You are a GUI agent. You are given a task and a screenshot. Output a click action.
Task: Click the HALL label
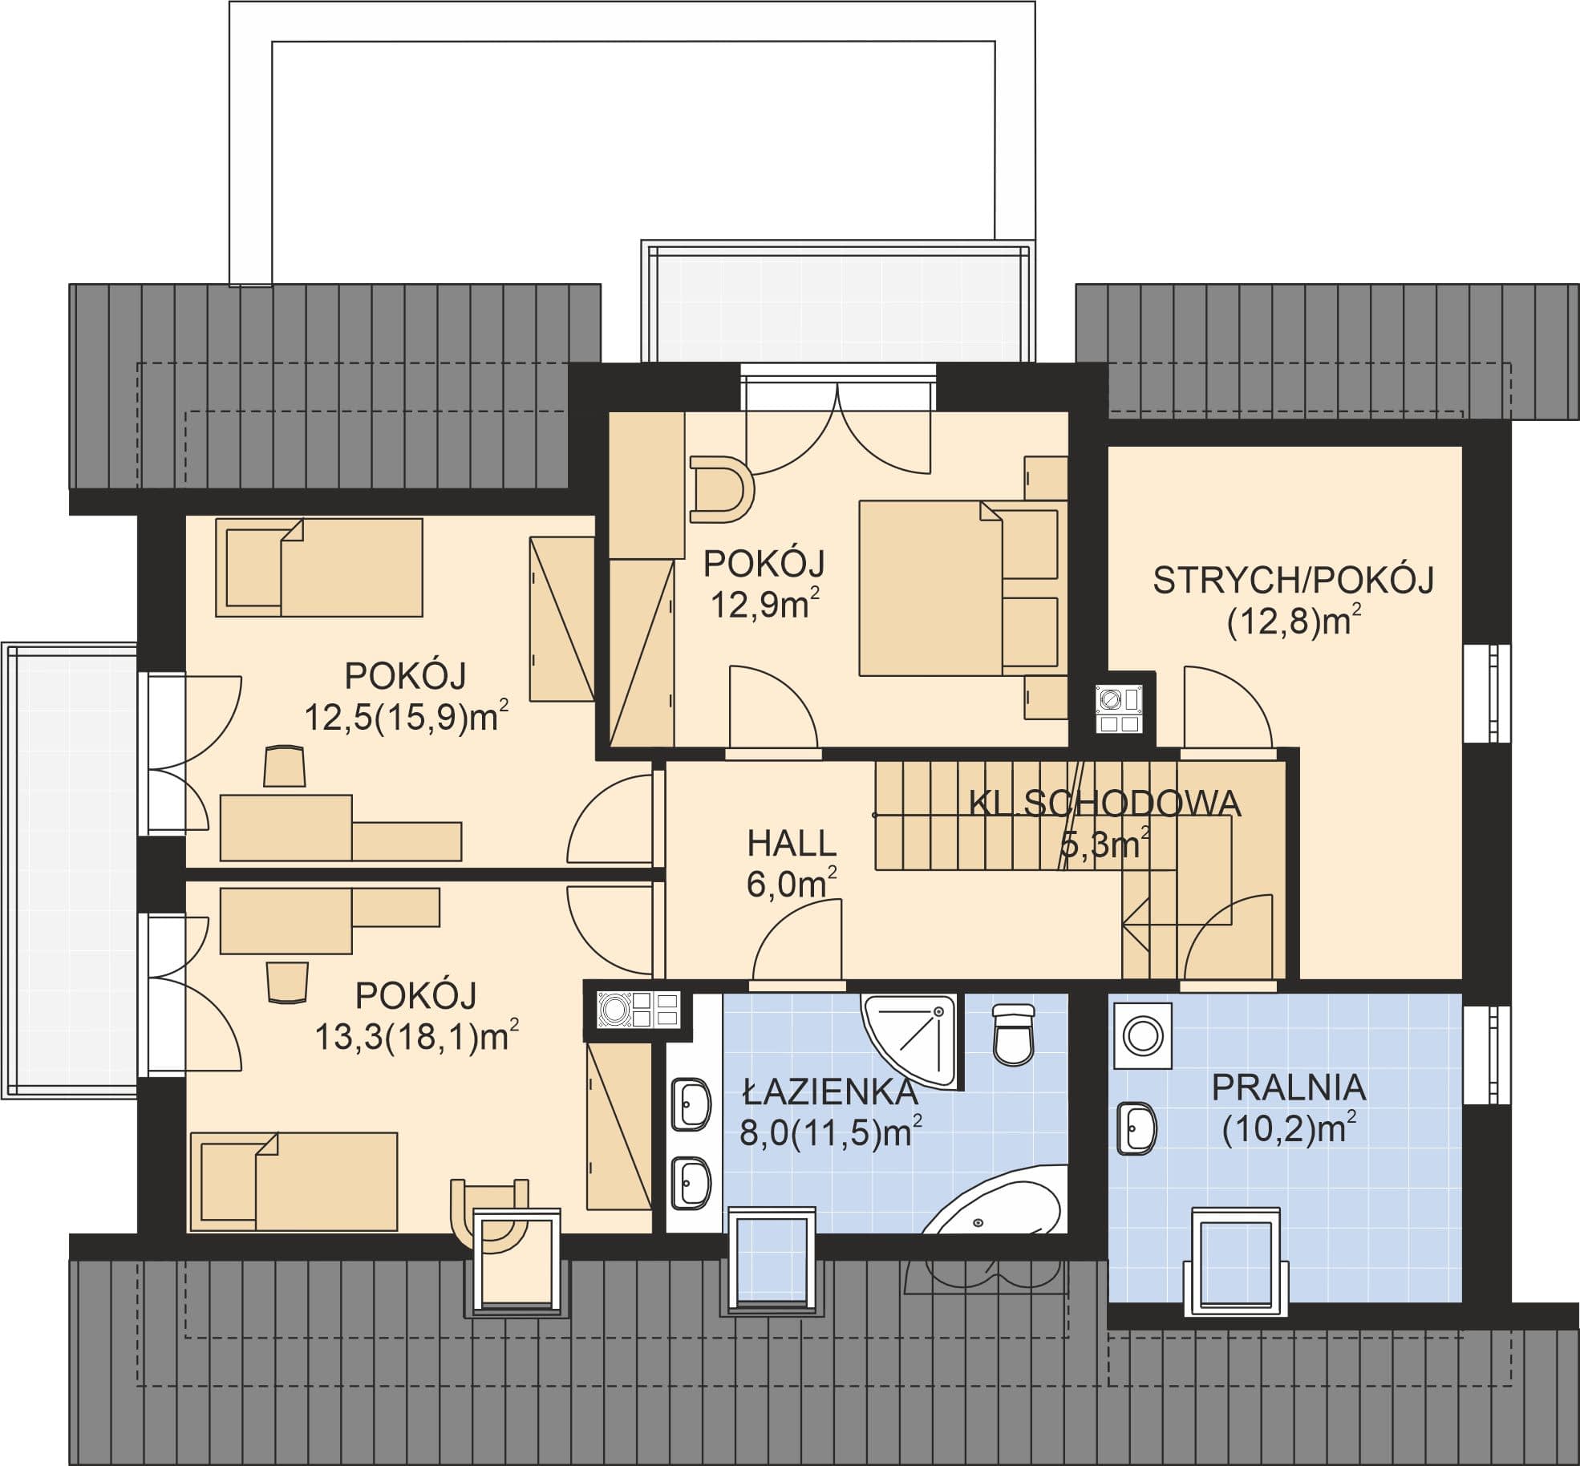click(x=792, y=844)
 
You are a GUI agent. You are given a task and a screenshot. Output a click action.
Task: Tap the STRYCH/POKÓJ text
click(x=1293, y=580)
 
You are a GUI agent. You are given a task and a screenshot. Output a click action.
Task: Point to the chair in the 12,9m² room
click(x=721, y=489)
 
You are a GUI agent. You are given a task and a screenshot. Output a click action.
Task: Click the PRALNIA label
click(x=1288, y=1088)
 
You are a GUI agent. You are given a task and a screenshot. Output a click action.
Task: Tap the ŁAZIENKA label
click(x=828, y=1092)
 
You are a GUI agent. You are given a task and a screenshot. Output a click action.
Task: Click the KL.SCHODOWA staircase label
click(x=1105, y=804)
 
